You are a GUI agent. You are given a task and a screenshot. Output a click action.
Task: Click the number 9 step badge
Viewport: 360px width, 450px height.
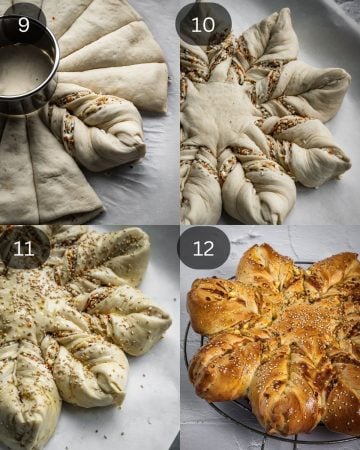(x=23, y=24)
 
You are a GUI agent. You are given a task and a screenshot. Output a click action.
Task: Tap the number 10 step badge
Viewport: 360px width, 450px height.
(x=203, y=24)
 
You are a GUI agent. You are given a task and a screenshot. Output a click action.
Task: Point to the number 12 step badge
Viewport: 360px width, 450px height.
(x=203, y=248)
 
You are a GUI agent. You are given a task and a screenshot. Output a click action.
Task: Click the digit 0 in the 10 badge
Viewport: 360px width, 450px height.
(x=209, y=24)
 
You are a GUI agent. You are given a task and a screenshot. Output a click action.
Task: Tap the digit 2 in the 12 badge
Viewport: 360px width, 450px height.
(x=209, y=248)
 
